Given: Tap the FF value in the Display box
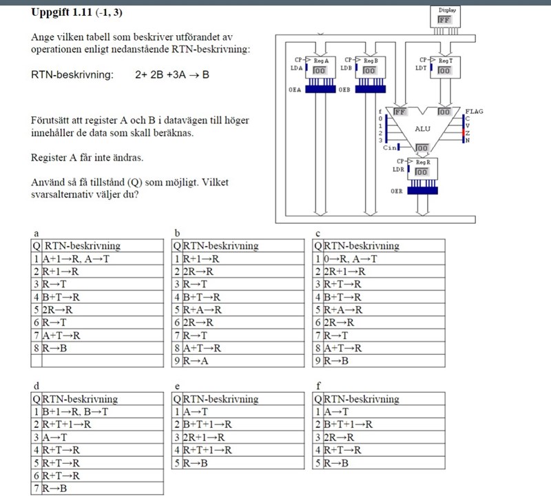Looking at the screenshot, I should click(x=444, y=21).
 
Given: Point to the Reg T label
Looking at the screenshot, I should click(x=446, y=61).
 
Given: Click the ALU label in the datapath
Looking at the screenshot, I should click(x=422, y=129).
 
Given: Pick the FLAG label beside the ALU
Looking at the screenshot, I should click(x=474, y=111).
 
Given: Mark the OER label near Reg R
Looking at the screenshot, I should click(x=397, y=191).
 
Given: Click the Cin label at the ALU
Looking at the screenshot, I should click(x=389, y=147).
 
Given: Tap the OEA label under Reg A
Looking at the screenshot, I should click(x=295, y=90).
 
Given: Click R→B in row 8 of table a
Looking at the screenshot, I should click(x=54, y=347).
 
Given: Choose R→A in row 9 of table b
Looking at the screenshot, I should click(x=196, y=360).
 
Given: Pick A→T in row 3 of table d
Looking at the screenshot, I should click(x=54, y=437).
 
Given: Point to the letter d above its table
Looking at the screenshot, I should click(x=34, y=387).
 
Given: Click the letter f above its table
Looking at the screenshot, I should click(x=318, y=387).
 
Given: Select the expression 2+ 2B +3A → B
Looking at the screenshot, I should click(x=172, y=74).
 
